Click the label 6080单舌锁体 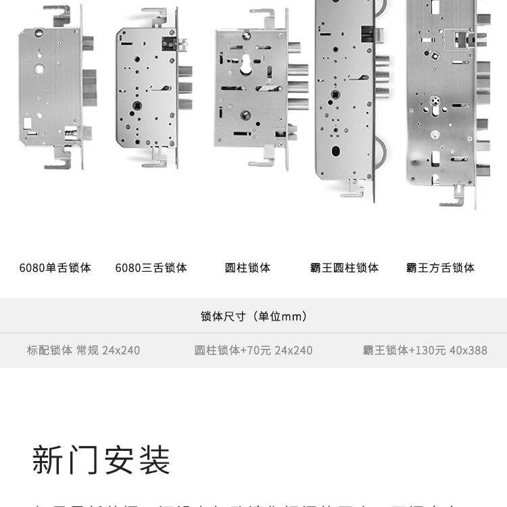coord(55,268)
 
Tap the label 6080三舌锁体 coord(151,268)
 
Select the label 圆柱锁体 coord(247,268)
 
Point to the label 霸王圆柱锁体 coord(344,268)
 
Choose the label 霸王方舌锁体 coord(440,268)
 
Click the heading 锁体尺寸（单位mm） coord(254,316)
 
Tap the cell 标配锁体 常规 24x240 coord(83,350)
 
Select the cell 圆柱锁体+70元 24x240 coord(254,350)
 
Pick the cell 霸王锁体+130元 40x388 coord(425,350)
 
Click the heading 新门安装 coord(101,460)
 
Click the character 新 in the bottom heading coord(49,460)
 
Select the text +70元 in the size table coord(256,350)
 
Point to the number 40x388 coord(468,350)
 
